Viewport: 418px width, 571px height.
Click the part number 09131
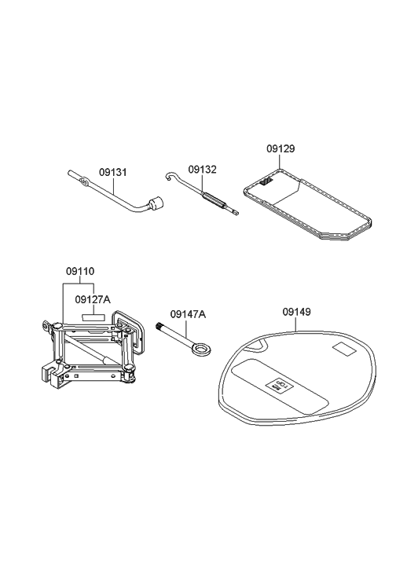tap(112, 172)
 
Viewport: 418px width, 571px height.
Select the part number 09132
tap(202, 169)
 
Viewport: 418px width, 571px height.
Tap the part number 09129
tap(280, 148)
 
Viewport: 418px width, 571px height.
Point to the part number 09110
tap(79, 272)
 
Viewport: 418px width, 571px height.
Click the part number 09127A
tap(93, 299)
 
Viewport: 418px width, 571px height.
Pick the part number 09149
tap(296, 312)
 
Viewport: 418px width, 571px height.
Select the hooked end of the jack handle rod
tap(168, 179)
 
